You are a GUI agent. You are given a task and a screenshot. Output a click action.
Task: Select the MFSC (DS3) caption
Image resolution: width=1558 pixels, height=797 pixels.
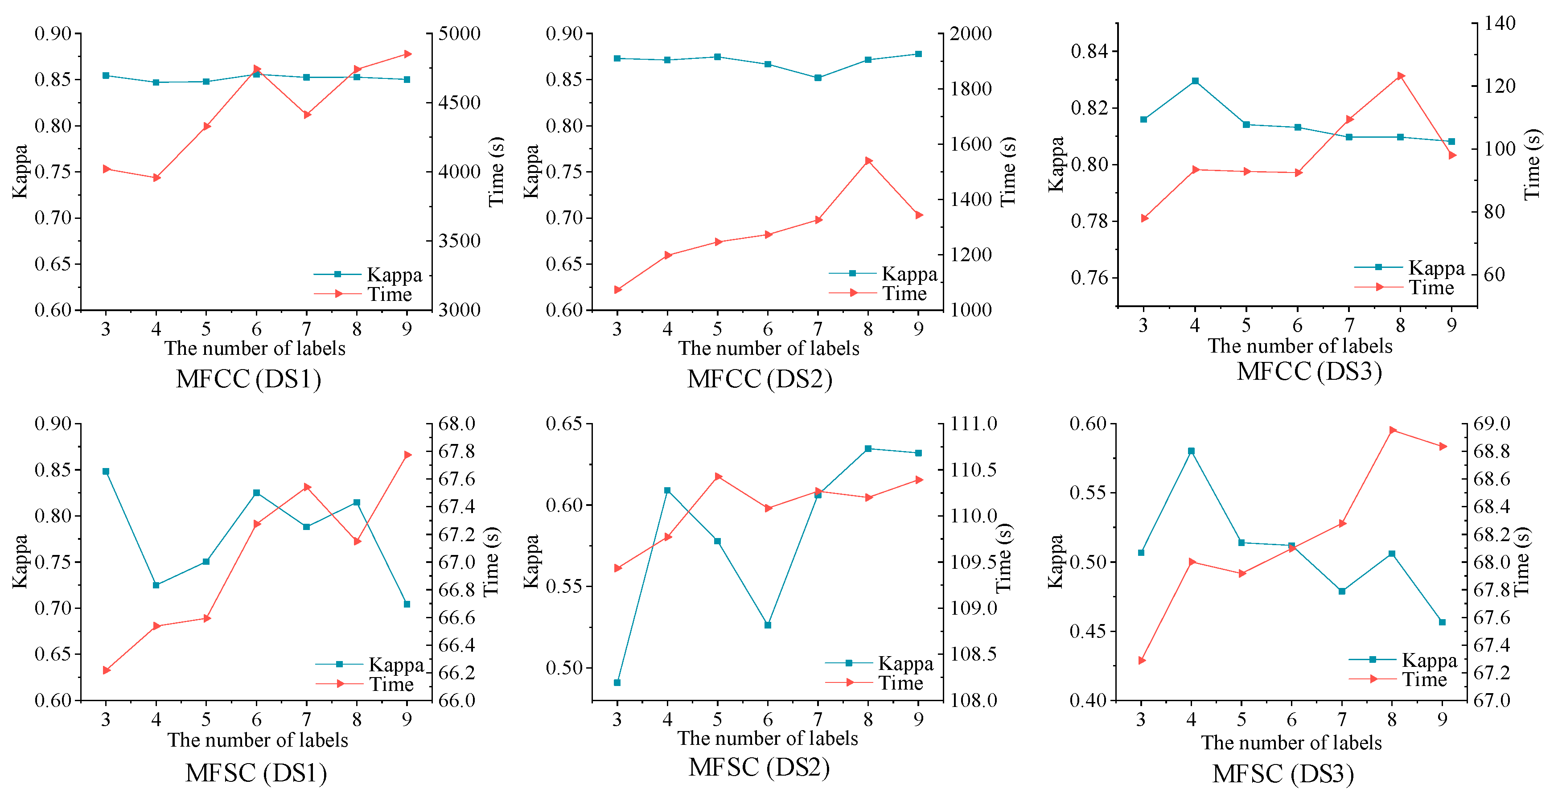coord(1283,773)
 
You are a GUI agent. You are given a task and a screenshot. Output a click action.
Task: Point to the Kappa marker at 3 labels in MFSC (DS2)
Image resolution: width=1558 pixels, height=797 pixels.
coord(617,683)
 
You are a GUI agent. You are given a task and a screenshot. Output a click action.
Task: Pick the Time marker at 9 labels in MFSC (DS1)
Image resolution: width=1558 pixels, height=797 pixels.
coord(407,455)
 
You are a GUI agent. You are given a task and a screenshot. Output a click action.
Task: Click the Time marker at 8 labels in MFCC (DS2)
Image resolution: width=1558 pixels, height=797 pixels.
coord(868,161)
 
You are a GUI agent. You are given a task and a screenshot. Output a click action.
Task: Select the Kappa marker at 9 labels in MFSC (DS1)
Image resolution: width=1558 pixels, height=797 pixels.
coord(407,604)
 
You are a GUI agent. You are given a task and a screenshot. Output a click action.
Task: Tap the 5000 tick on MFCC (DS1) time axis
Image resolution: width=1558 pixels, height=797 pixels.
coord(460,33)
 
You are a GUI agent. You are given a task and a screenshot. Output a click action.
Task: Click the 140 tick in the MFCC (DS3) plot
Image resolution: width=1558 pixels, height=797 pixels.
coord(1499,23)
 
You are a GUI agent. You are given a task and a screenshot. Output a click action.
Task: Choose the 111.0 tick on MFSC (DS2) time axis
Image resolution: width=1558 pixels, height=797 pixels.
coord(974,423)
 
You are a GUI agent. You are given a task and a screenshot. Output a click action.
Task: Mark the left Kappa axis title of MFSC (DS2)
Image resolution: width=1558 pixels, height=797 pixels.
coord(530,561)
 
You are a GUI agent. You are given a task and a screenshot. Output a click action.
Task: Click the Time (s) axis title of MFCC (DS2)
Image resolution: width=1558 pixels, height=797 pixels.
coord(1007,171)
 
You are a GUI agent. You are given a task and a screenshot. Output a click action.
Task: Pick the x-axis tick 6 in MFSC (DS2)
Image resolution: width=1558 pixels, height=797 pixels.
coord(768,719)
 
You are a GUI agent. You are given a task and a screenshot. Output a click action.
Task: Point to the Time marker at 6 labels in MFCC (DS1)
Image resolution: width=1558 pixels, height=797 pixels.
coord(256,70)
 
